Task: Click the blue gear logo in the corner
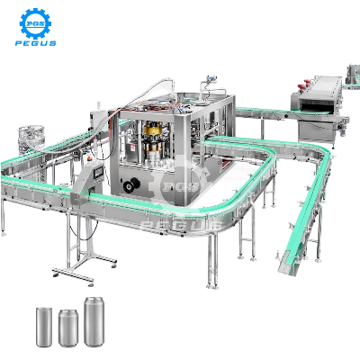pos(35,23)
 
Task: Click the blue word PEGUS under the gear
pos(36,43)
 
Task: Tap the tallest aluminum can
pos(94,321)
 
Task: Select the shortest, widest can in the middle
pos(68,328)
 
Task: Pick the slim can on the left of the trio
pos(44,327)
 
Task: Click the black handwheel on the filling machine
pos(131,184)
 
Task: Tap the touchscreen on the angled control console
pos(98,173)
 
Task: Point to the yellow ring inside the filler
pos(153,130)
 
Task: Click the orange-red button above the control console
pos(89,157)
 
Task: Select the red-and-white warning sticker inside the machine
pos(132,148)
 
